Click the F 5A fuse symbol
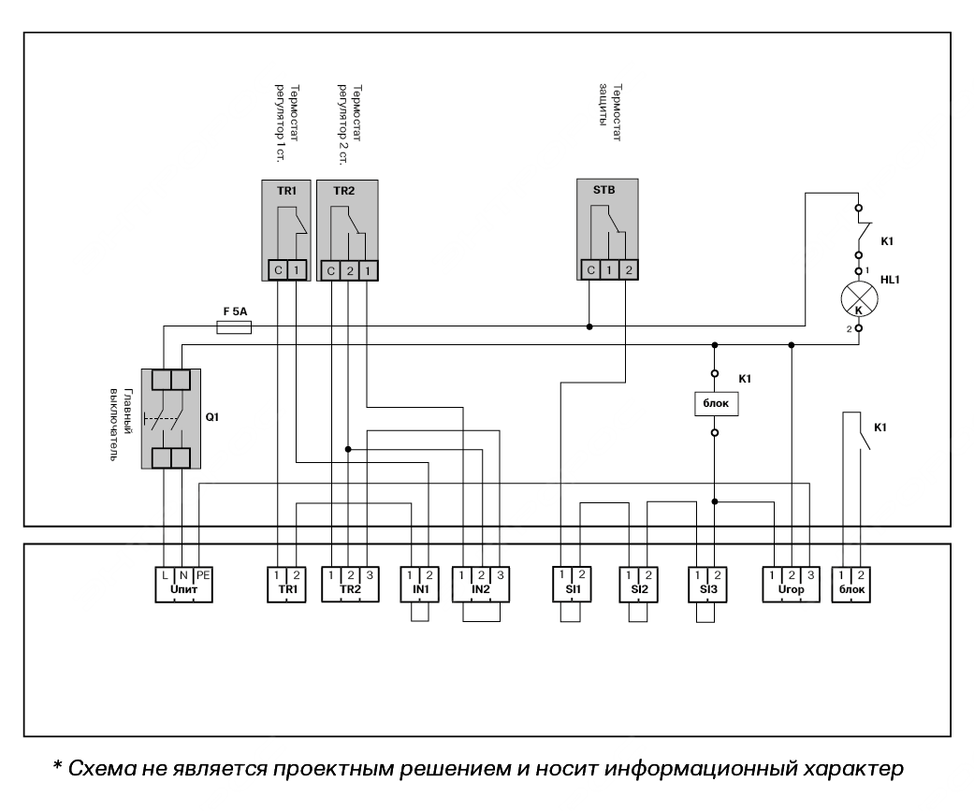[234, 327]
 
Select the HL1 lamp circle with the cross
[859, 300]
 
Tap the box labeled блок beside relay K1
[714, 403]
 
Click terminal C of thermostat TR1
[278, 270]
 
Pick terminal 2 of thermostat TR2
[348, 270]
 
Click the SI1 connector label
[572, 591]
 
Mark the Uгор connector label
[792, 591]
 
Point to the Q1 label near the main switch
[212, 414]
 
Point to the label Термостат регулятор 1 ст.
[285, 122]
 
